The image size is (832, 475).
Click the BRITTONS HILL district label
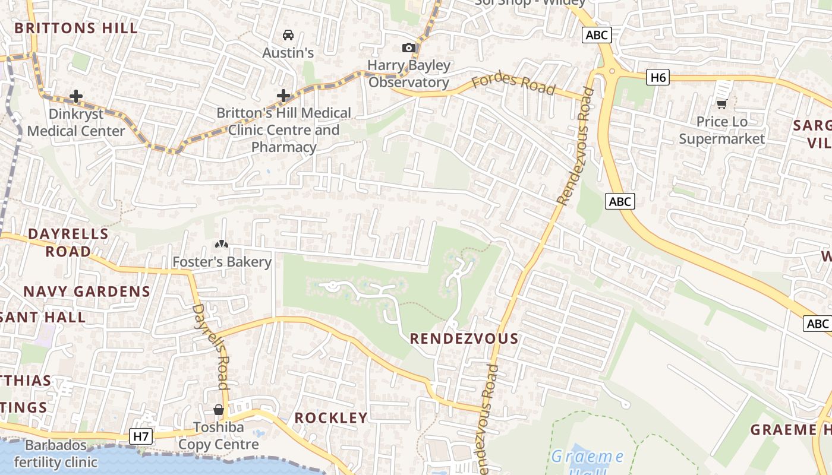click(x=76, y=28)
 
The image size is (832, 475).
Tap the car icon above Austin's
click(x=288, y=35)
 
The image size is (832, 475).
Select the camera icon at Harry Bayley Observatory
click(x=409, y=47)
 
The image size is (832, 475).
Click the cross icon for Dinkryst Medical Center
click(x=76, y=96)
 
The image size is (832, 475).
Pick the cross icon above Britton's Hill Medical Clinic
click(x=283, y=95)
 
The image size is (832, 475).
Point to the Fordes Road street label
click(x=513, y=84)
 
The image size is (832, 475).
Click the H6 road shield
click(x=658, y=77)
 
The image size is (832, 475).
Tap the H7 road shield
click(x=141, y=437)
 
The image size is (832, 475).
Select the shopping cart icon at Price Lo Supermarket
click(x=721, y=104)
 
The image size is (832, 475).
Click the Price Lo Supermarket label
click(x=721, y=130)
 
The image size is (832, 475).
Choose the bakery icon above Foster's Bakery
click(x=222, y=244)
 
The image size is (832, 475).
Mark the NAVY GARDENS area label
click(x=87, y=292)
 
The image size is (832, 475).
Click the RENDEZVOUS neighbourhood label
click(x=464, y=339)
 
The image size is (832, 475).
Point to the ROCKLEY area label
click(x=331, y=418)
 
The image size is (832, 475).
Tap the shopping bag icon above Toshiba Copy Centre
click(x=219, y=410)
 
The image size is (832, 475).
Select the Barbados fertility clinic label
click(x=56, y=454)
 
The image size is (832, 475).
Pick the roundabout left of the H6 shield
click(x=612, y=72)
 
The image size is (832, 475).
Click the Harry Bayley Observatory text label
click(x=409, y=74)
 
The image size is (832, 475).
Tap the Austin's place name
click(x=288, y=53)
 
